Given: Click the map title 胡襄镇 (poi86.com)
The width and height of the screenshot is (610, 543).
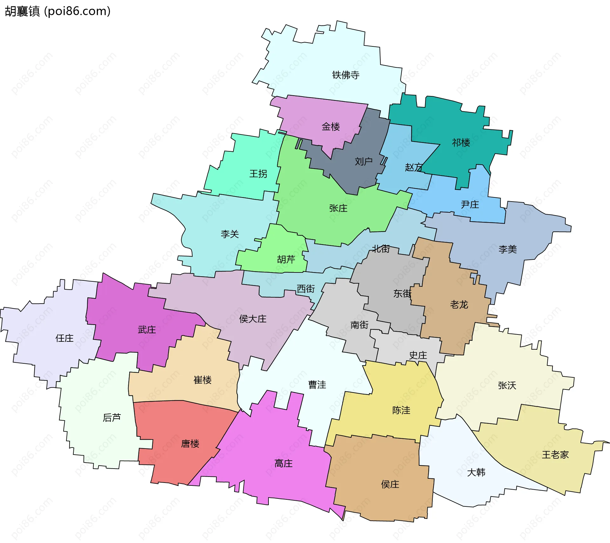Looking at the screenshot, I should coord(58,11).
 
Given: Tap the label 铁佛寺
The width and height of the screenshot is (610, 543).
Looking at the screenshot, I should coord(346,75).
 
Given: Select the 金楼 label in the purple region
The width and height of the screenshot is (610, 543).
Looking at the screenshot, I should coord(331,127).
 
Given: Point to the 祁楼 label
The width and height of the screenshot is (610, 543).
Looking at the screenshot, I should coord(461,142).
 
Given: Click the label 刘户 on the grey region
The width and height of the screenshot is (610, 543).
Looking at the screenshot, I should coord(363,162).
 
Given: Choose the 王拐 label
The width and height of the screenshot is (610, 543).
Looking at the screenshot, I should coord(258,174).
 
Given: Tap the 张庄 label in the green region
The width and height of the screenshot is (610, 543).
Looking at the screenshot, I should coord(338,208).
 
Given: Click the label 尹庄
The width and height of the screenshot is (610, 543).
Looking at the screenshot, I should coord(470,204).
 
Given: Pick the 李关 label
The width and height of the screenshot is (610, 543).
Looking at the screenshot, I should coord(230,234).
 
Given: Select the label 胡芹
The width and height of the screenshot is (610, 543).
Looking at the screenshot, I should coord(286,259).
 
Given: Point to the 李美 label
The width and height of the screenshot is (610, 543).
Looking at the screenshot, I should coord(508,249).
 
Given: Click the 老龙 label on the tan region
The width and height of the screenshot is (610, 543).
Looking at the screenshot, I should coord(459,305).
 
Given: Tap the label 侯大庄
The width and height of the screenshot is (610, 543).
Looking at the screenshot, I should coord(253,319).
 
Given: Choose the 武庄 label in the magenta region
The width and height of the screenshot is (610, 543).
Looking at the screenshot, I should coord(147,330).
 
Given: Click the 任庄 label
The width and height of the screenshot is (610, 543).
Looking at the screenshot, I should coord(64,338).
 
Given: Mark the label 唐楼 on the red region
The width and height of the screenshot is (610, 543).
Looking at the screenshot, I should coord(190,443).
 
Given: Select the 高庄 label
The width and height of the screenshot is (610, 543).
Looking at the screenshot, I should coord(283,464).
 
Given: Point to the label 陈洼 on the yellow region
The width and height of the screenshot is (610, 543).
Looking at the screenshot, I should coord(401,410).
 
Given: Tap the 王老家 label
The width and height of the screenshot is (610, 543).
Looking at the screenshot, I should coord(555,455).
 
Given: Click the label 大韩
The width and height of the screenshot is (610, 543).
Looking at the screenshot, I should coord(476,472).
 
